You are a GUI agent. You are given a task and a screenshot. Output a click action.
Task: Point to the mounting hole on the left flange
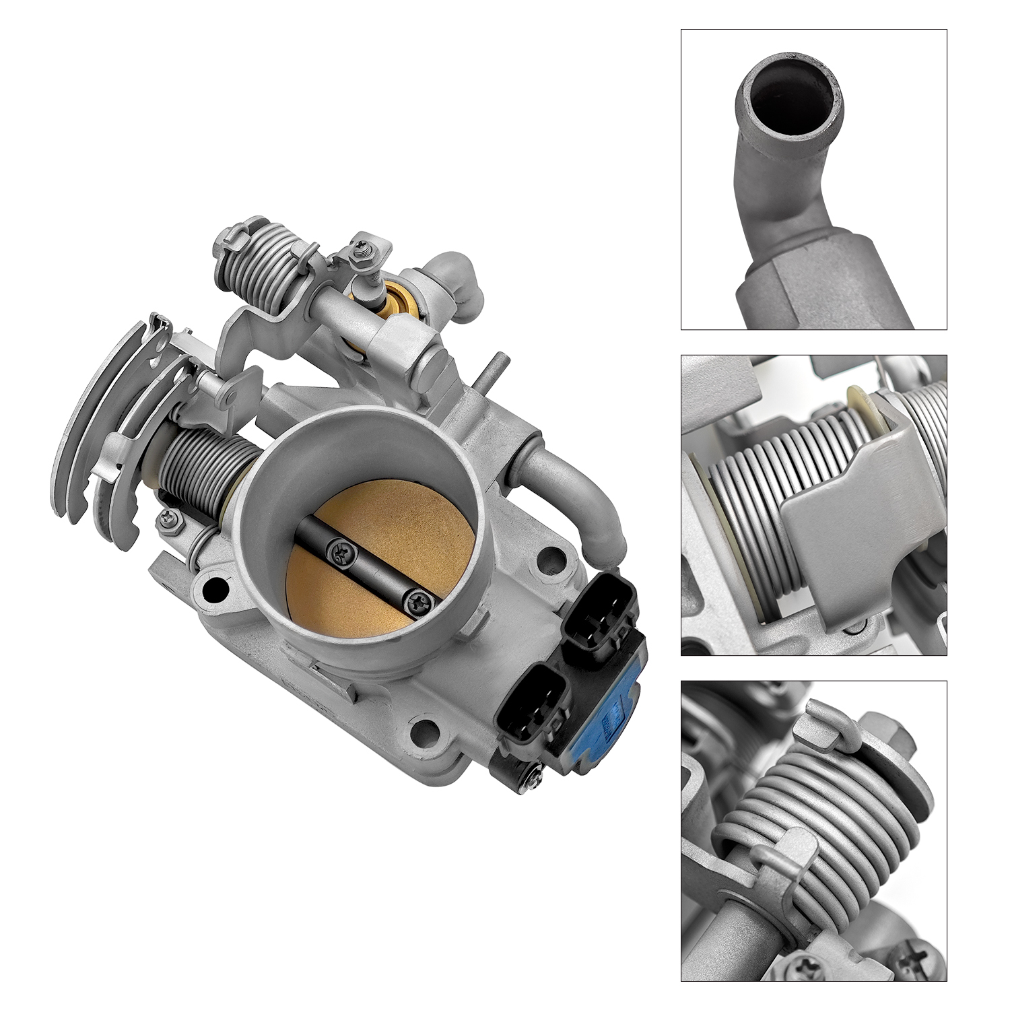(x=213, y=590)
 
